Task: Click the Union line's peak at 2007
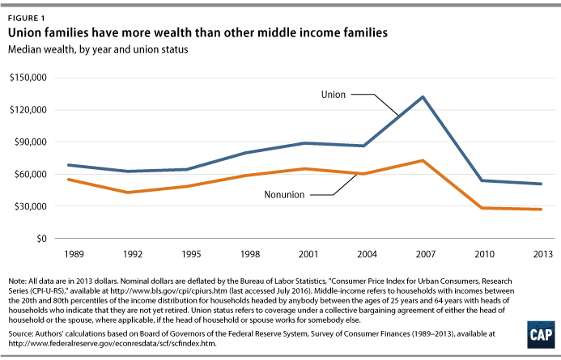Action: click(423, 97)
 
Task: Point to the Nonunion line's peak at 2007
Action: click(423, 161)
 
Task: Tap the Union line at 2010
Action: click(482, 180)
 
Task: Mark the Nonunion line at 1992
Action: click(126, 193)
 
